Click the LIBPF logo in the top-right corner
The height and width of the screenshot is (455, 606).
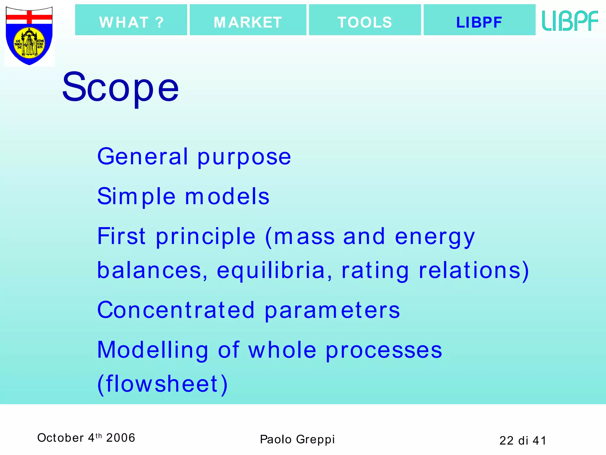tap(570, 21)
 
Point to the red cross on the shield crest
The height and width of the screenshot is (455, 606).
tap(29, 17)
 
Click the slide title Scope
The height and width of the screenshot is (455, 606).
tap(120, 87)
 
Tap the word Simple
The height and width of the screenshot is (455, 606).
tap(136, 197)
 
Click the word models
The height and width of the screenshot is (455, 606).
tap(227, 197)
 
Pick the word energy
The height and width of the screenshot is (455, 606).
tap(435, 237)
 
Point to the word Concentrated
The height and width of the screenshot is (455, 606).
tap(176, 310)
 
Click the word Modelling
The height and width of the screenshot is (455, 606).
tap(153, 350)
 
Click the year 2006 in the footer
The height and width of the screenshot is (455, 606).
tap(120, 438)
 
